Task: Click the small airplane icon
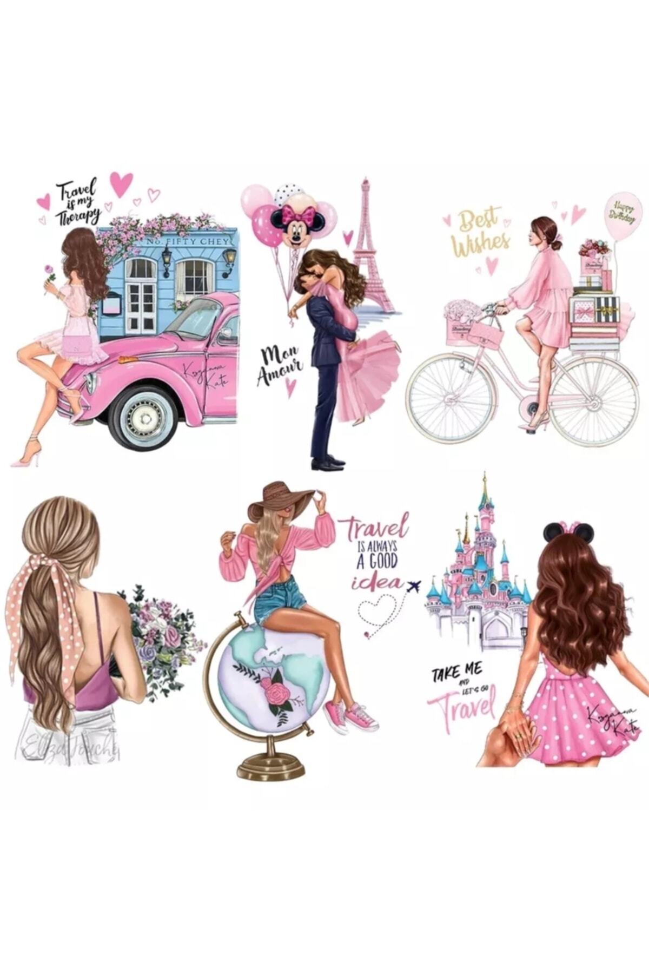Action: [x=414, y=586]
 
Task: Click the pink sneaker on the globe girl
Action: [x=361, y=715]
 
